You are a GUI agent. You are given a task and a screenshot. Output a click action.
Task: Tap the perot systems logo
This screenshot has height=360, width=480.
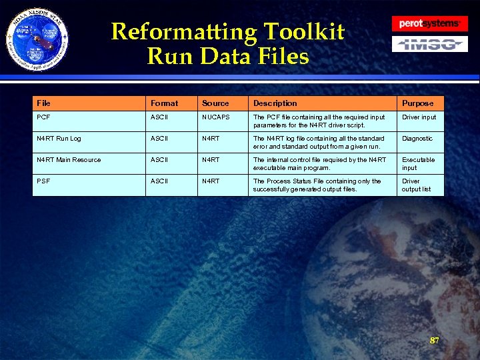tap(429, 23)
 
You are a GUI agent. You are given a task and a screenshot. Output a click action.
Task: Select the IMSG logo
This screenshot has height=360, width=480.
tap(429, 45)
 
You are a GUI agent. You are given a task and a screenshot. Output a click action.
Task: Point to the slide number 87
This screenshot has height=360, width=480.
tap(435, 341)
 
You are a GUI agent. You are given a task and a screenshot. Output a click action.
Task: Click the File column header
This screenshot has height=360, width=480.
tap(44, 103)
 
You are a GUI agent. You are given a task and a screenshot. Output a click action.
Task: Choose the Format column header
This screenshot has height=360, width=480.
tap(164, 103)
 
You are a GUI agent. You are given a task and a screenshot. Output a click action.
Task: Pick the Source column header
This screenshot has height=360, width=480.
tap(215, 103)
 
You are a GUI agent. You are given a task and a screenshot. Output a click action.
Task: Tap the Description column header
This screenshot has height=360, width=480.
tap(275, 103)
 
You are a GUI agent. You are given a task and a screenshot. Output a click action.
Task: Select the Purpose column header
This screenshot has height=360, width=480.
tap(417, 103)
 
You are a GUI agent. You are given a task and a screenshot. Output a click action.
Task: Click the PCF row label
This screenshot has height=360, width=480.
tap(43, 117)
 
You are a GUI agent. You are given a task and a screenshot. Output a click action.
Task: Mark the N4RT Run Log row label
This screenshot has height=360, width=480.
tap(59, 139)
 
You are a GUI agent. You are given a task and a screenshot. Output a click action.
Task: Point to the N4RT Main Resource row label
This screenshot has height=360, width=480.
tap(69, 160)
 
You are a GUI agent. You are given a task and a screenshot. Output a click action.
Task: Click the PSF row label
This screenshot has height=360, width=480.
tap(43, 181)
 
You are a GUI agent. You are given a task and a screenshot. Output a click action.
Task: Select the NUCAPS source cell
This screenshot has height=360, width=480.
tap(217, 117)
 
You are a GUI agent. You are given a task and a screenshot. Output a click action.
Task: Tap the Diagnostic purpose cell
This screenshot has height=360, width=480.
tap(417, 139)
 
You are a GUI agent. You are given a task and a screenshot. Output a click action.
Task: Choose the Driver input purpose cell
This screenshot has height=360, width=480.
tap(419, 117)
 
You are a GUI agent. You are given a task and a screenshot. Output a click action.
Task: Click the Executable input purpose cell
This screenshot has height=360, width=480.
tap(418, 164)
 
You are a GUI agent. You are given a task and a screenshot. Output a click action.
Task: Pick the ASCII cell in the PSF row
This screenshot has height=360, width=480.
tap(160, 181)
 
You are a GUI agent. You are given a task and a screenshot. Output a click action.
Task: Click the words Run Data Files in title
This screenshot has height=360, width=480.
tap(228, 56)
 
